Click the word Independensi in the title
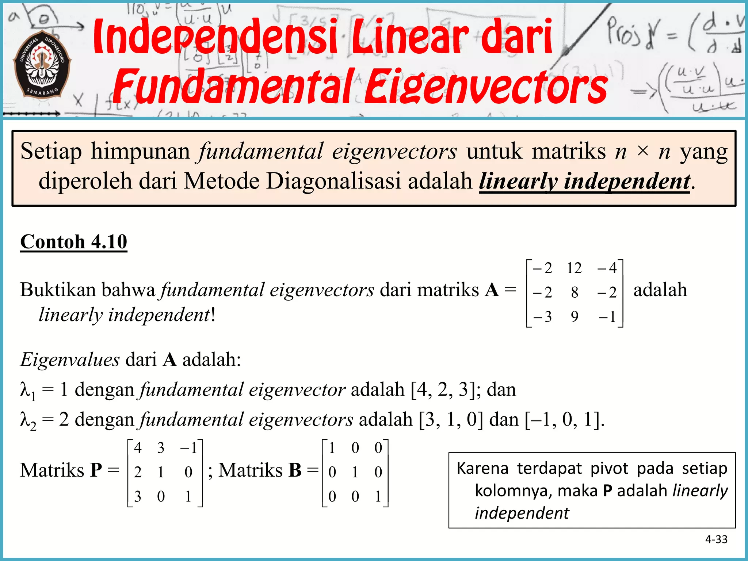click(x=215, y=37)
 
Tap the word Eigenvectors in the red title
click(x=486, y=87)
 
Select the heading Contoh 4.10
click(x=74, y=242)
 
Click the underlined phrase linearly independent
click(x=584, y=182)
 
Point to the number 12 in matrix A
click(x=574, y=268)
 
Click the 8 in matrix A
click(x=575, y=293)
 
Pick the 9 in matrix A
click(x=575, y=317)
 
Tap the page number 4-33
click(x=716, y=539)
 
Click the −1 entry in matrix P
click(x=189, y=448)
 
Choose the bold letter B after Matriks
click(x=295, y=470)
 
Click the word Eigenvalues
click(x=70, y=360)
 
